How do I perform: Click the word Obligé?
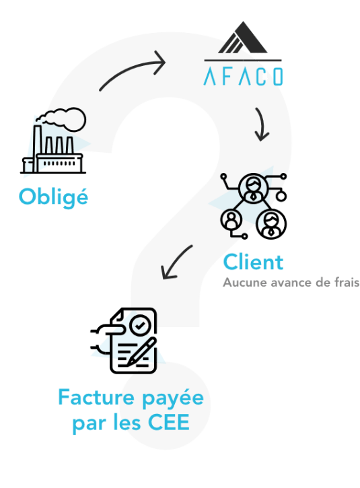[x=53, y=197]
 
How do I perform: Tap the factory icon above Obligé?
[x=53, y=141]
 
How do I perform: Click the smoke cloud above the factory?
[x=62, y=118]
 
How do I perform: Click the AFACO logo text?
[x=243, y=76]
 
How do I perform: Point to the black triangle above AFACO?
[x=243, y=37]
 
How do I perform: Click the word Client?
[x=253, y=262]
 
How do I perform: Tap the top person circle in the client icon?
[x=254, y=188]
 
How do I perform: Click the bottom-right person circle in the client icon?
[x=271, y=223]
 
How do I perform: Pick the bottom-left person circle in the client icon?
[x=231, y=219]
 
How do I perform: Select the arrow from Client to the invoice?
[x=176, y=262]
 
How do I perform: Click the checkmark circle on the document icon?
[x=140, y=325]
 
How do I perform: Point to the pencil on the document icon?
[x=141, y=351]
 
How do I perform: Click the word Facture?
[x=96, y=397]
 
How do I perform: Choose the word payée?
[x=173, y=398]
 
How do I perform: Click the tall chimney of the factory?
[x=37, y=149]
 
